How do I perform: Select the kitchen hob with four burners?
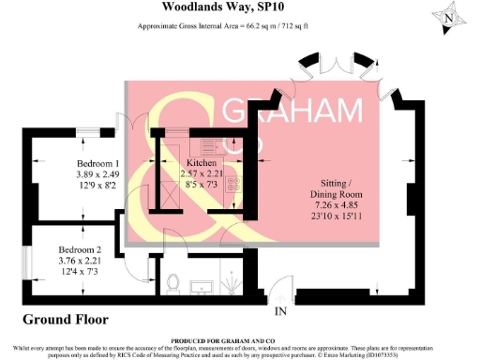click(232, 185)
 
